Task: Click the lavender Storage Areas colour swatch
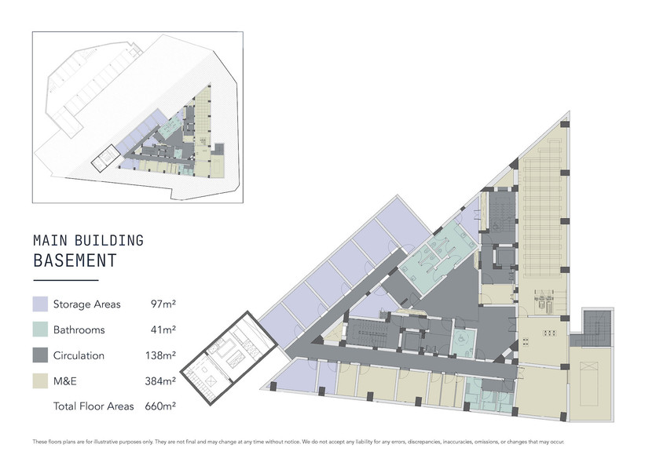40,304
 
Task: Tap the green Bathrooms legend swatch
40,329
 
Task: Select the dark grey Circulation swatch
40,355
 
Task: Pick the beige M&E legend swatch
40,380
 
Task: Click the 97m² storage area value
163,304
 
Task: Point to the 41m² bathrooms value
163,329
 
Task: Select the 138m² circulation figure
160,355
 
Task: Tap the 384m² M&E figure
160,380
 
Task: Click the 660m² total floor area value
160,406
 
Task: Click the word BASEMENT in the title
75,260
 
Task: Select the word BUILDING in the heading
109,241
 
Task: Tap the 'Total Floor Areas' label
93,406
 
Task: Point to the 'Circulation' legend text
79,355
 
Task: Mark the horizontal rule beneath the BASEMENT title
66,281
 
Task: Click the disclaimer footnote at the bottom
299,442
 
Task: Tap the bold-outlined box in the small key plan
105,158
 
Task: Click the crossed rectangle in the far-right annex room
589,383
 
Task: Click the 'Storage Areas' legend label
86,304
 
